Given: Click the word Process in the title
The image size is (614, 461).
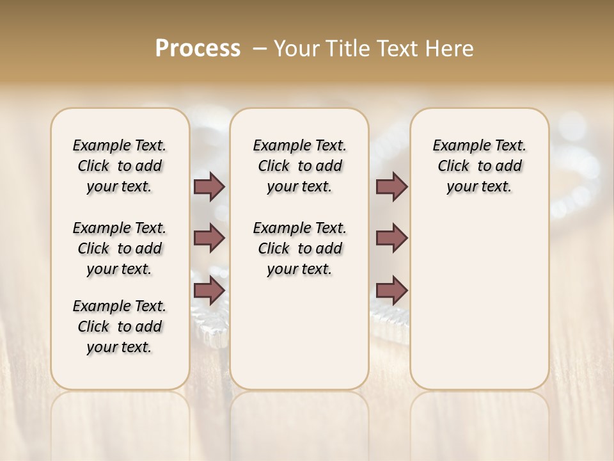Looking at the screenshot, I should tap(198, 49).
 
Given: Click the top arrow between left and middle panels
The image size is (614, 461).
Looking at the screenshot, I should tap(209, 187).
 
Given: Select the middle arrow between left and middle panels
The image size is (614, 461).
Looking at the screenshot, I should tap(209, 238).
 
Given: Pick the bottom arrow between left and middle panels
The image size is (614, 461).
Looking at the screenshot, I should tap(209, 291).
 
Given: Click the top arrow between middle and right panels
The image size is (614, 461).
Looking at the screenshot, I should tap(391, 187).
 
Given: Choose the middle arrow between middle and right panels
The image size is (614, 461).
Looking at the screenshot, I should tap(391, 238).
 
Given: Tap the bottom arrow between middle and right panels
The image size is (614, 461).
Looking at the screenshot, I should tap(391, 291).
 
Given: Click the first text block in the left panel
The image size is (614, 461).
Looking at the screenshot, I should tap(120, 166).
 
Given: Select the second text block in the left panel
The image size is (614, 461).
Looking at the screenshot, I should tap(120, 248).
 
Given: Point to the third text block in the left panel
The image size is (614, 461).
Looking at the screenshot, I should tap(120, 327).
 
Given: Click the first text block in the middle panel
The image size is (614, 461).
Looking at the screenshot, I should tap(299, 166).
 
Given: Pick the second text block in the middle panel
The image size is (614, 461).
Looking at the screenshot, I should tap(299, 248).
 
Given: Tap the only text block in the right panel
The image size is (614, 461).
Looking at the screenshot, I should tap(479, 166).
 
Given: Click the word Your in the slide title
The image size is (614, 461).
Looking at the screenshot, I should tap(294, 49).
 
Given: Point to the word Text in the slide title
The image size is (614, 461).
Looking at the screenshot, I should tap(394, 49).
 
